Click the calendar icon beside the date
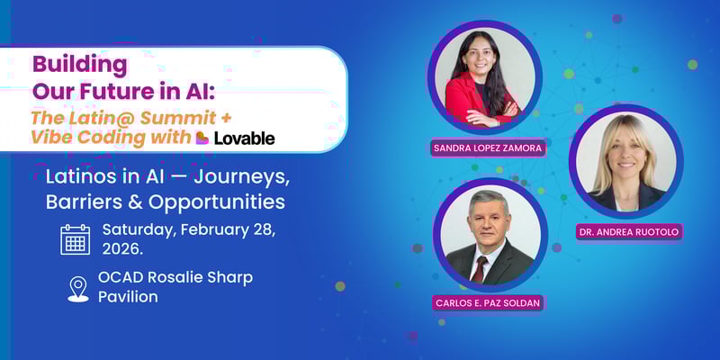click(76, 239)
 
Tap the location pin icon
click(78, 288)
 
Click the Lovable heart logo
click(202, 138)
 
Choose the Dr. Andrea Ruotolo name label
click(629, 231)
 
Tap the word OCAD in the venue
click(124, 276)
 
